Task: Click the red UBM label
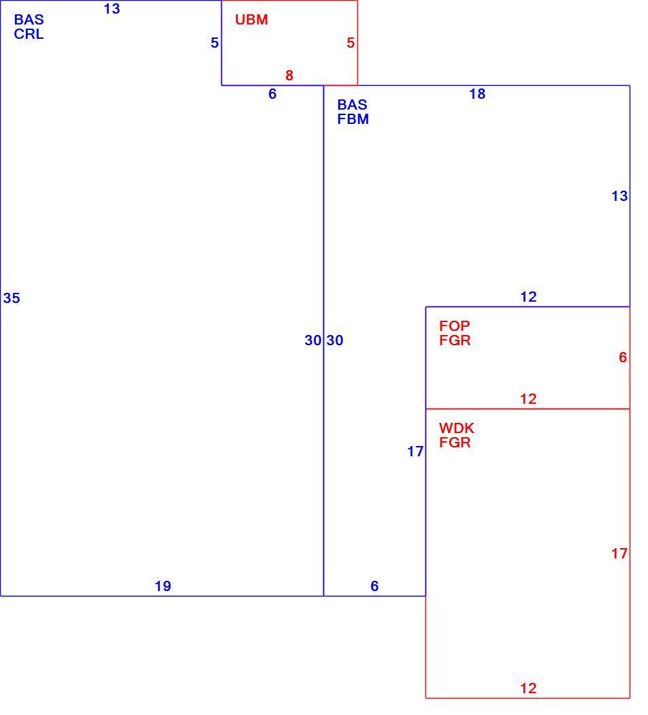pos(252,20)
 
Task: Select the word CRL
pos(29,34)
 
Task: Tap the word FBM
pos(353,119)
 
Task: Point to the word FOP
pos(454,326)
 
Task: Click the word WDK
pos(457,428)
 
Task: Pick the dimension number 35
pos(12,298)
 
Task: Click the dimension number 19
pos(163,586)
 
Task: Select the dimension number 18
pos(478,94)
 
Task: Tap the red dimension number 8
pos(289,76)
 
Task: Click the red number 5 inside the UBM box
pos(351,43)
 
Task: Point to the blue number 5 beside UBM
pos(214,43)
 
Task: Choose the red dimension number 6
pos(623,357)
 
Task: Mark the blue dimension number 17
pos(416,451)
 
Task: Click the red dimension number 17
pos(619,554)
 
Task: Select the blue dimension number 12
pos(529,297)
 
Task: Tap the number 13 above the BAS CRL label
pos(112,9)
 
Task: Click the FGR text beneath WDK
pos(455,443)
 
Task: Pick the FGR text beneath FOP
pos(455,340)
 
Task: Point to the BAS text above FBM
pos(353,105)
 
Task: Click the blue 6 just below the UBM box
pos(272,94)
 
